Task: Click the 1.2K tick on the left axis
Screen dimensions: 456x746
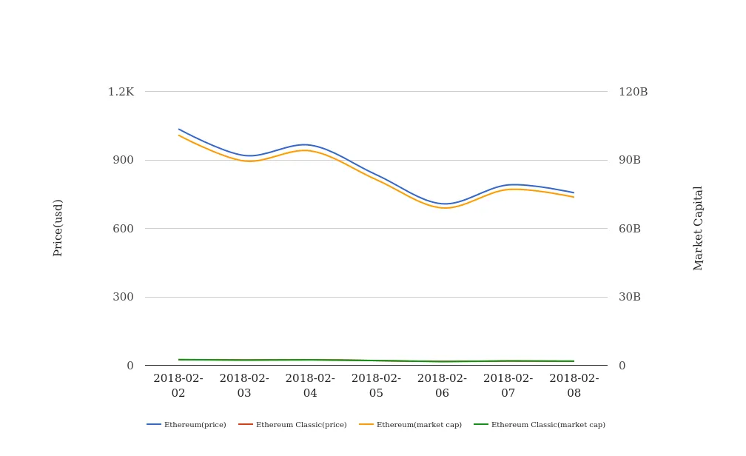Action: point(121,92)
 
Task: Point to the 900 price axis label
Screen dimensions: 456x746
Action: point(123,160)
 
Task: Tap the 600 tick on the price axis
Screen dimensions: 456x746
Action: point(123,229)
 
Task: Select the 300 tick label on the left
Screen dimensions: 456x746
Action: point(123,297)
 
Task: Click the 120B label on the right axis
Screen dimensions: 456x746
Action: point(633,92)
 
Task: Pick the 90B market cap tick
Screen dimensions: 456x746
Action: point(630,160)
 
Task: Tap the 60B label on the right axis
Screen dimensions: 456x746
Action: point(630,229)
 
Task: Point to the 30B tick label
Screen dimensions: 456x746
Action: point(630,297)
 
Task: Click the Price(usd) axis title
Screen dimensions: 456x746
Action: point(58,227)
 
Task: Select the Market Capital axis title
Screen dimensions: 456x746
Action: point(699,228)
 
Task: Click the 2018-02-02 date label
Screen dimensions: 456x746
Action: point(178,386)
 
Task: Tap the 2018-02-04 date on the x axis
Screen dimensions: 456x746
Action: point(310,386)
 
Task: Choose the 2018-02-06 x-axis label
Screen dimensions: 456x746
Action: point(442,386)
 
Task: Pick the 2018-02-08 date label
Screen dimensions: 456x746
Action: point(574,386)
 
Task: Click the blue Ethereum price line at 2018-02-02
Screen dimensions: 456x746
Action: point(179,130)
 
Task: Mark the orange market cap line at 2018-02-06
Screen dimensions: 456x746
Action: point(443,208)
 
